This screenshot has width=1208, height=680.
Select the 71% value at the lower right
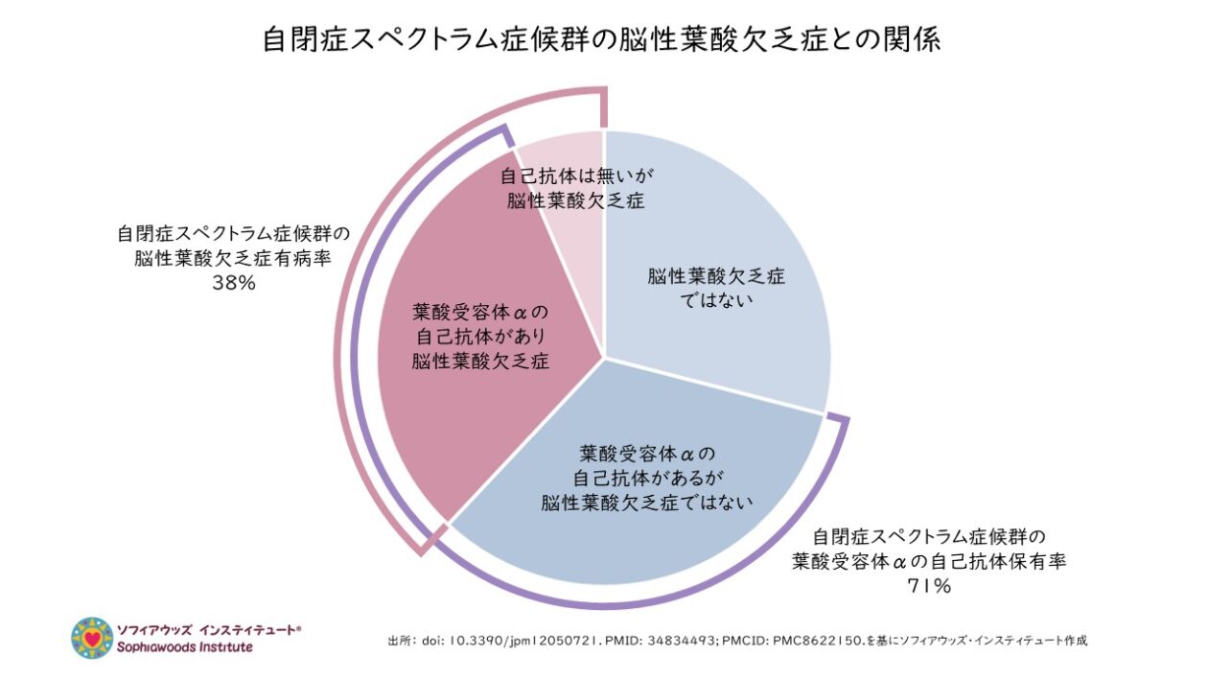[928, 586]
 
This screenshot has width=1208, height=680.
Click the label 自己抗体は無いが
[572, 177]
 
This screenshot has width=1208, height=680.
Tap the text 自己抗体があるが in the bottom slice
[645, 476]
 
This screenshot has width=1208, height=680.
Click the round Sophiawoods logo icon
[92, 637]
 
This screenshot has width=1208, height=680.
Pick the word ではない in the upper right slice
[715, 299]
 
